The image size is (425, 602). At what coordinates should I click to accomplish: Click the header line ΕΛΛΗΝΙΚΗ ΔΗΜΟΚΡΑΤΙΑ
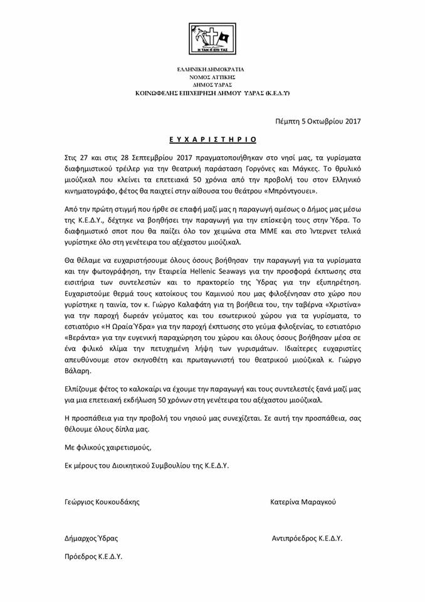click(212, 68)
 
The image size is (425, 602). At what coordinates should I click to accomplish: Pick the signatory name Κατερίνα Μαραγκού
click(303, 502)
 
